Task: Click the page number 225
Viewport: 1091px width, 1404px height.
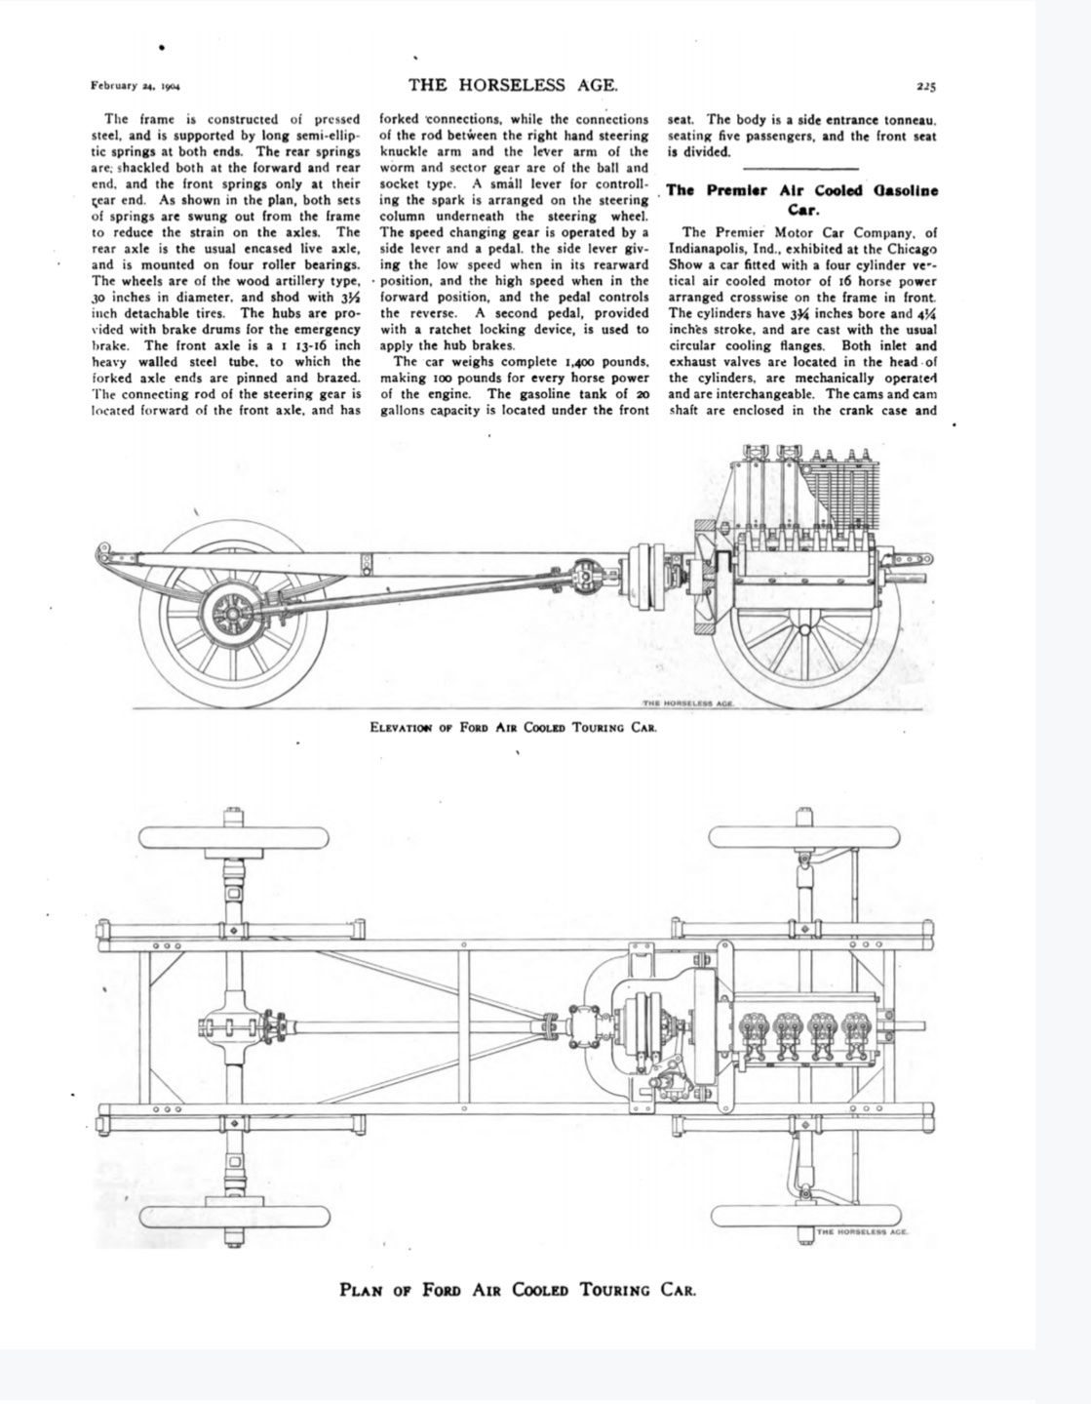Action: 926,86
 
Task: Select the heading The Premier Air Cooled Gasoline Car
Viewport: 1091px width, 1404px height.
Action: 801,199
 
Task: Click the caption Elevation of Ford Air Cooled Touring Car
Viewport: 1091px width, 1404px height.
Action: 513,727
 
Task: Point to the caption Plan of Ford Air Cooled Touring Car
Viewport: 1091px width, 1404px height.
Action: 517,1289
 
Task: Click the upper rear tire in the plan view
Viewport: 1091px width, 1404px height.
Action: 234,837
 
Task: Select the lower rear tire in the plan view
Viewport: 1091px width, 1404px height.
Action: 234,1217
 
